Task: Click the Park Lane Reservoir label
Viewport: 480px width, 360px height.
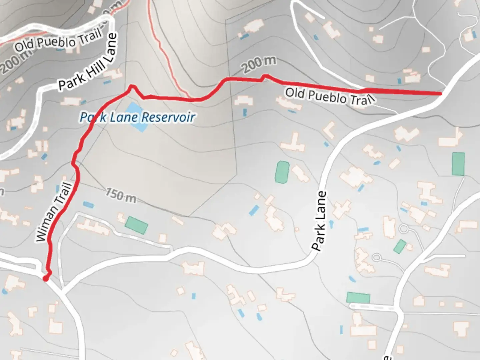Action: pos(137,117)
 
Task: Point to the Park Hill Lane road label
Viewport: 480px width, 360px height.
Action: pos(88,62)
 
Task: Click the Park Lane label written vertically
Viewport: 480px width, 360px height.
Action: pos(319,221)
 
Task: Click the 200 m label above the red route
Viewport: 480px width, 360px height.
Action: pos(259,64)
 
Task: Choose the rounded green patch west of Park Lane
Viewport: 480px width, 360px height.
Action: pos(282,172)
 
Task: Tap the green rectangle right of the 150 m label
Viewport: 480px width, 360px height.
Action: pos(136,225)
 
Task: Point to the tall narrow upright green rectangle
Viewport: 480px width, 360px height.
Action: pos(458,164)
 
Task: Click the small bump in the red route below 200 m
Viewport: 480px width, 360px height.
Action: pos(265,77)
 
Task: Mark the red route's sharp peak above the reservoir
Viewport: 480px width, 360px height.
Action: pos(132,87)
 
